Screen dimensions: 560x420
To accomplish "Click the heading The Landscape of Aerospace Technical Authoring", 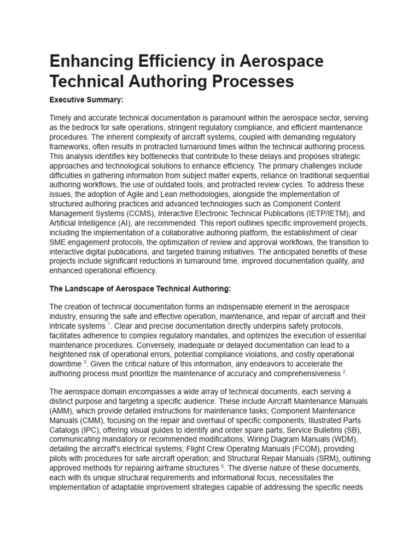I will coord(141,289).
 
